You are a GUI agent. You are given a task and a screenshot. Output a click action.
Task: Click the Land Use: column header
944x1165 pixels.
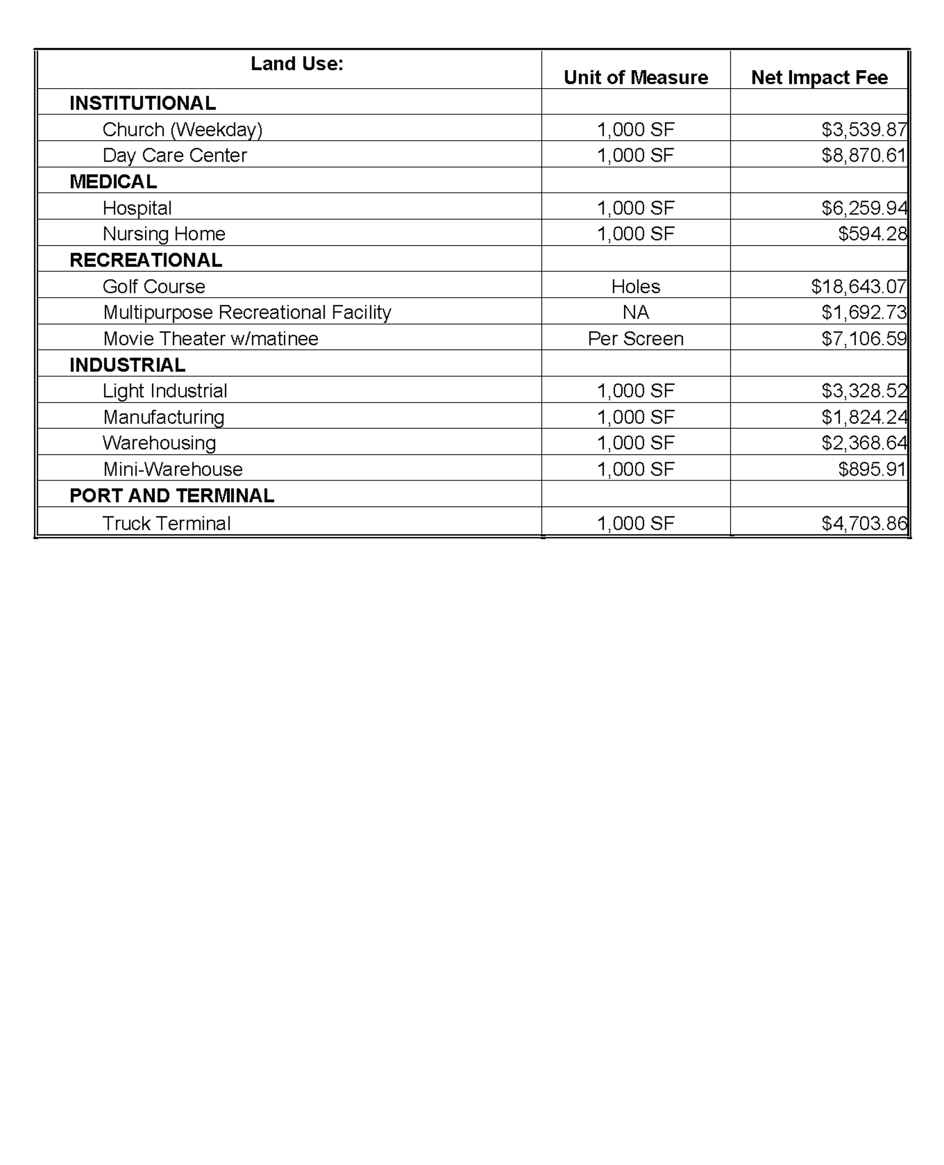click(296, 64)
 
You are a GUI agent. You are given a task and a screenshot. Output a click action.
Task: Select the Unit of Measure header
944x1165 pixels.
click(635, 77)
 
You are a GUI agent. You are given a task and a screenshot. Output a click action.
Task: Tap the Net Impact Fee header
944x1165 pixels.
click(819, 77)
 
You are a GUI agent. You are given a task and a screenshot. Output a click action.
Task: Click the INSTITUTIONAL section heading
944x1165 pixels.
click(143, 103)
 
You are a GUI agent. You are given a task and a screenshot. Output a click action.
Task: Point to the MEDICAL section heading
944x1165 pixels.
click(113, 181)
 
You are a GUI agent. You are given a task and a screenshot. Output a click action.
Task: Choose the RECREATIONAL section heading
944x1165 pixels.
click(146, 260)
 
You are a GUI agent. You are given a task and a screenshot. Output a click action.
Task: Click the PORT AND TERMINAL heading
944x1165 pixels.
click(172, 495)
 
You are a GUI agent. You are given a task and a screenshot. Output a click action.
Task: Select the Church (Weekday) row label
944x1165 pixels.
click(182, 130)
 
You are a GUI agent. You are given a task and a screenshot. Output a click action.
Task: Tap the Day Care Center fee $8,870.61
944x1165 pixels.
click(864, 156)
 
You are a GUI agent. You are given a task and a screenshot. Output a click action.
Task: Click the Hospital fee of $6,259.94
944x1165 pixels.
click(864, 208)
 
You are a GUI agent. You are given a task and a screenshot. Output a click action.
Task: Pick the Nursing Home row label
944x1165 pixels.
click(164, 234)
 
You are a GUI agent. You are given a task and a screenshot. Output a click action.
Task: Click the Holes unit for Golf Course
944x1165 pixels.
click(635, 286)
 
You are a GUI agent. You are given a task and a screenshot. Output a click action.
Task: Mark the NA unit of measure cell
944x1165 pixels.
click(635, 312)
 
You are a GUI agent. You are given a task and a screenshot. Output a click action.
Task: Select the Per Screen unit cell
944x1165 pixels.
click(635, 338)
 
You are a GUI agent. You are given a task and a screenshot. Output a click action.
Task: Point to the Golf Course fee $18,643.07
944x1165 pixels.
click(858, 286)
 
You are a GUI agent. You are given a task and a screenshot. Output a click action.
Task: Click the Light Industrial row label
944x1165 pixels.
click(165, 390)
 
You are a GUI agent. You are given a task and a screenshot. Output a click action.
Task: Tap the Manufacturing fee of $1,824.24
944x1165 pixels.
click(864, 417)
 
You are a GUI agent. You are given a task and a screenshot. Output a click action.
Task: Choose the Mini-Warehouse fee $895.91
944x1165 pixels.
click(872, 469)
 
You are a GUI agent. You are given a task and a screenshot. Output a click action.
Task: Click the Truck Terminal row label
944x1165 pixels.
click(166, 523)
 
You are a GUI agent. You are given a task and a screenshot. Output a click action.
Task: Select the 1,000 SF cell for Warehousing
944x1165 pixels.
click(635, 443)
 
